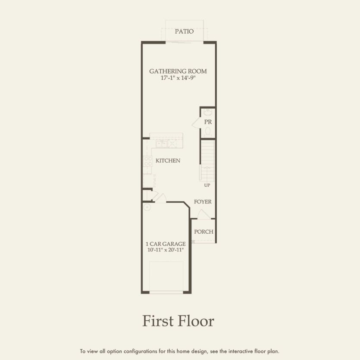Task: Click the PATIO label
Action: [184, 31]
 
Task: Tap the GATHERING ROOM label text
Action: [178, 71]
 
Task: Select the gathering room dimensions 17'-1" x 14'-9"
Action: [178, 78]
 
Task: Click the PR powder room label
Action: [208, 122]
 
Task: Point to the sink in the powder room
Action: [207, 113]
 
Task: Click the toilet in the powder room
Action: [208, 131]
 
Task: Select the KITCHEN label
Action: [168, 160]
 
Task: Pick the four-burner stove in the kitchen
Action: [147, 161]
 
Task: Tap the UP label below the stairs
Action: [207, 185]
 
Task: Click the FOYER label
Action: [203, 202]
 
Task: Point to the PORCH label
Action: [203, 232]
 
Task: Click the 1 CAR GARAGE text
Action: [166, 244]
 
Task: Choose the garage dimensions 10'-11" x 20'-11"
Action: [166, 250]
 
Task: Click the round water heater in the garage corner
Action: [147, 207]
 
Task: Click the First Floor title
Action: [178, 321]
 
